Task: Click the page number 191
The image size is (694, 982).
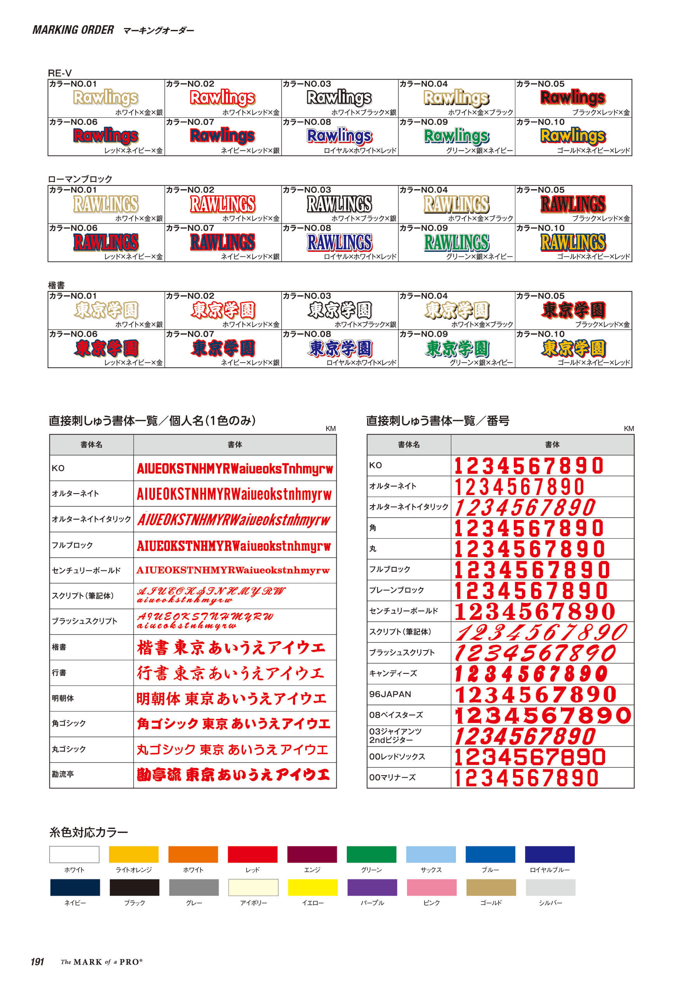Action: point(38,962)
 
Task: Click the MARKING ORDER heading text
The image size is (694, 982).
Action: point(73,30)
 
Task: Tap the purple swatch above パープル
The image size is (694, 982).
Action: point(372,888)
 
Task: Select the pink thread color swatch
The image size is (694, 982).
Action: point(431,888)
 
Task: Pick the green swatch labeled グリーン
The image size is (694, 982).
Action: point(371,855)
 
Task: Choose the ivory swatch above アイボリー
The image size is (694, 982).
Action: point(253,888)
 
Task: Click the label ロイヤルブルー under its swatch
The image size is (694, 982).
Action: point(550,870)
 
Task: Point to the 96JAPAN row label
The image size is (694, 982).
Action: point(390,694)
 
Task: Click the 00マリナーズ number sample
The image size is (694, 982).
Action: point(527,778)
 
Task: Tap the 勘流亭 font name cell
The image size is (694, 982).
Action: point(63,774)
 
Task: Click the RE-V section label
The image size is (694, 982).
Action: point(60,73)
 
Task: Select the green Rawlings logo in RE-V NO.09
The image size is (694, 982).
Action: point(456,136)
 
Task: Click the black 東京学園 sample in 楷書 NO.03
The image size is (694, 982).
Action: point(340,310)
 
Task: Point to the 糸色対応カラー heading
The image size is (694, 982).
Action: point(89,832)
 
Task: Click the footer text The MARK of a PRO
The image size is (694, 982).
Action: point(102,962)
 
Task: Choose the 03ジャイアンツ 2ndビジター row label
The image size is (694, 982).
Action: point(395,736)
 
